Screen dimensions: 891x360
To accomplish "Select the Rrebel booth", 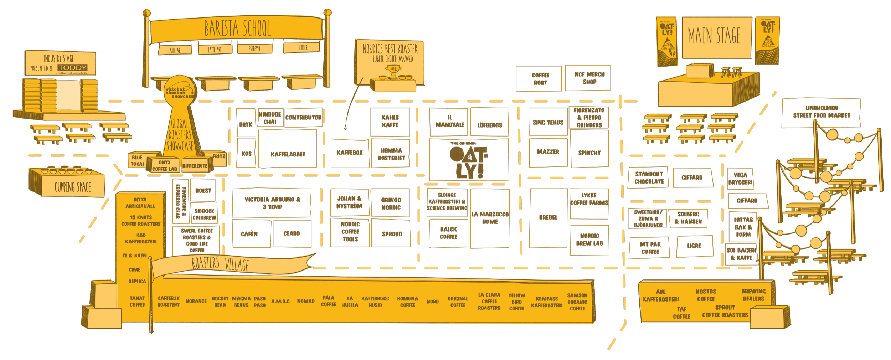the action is (548, 217).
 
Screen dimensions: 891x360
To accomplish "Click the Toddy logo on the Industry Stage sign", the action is (73, 68).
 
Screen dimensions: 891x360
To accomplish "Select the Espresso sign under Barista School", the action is (254, 49).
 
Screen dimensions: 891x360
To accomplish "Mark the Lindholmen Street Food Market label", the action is (821, 112).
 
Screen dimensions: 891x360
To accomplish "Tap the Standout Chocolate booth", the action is (649, 178).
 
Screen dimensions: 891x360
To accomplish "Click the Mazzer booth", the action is (548, 152).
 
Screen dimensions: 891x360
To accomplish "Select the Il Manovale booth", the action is (449, 122).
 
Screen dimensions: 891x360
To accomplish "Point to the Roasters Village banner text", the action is (220, 264).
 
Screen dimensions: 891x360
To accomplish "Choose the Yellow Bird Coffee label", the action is (516, 302).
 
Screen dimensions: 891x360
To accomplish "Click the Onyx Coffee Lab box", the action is (164, 166).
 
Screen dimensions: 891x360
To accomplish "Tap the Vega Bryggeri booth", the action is (740, 179).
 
